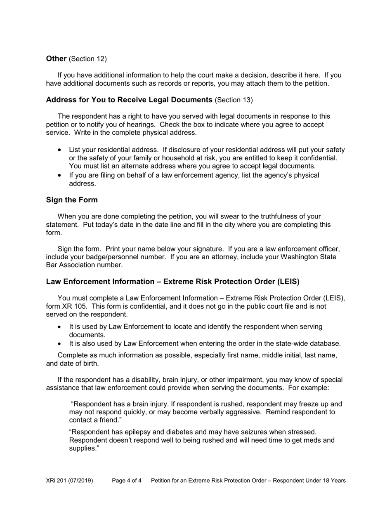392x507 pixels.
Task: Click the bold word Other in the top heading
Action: point(56,59)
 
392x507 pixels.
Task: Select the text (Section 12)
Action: point(87,59)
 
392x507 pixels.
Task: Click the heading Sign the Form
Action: point(72,200)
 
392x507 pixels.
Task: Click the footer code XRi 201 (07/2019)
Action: point(69,481)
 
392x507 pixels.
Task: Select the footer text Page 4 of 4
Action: point(127,481)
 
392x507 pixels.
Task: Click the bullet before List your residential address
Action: point(61,150)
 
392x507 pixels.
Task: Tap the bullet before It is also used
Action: point(61,344)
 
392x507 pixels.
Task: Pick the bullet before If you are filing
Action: point(61,176)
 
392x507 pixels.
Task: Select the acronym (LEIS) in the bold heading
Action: point(286,282)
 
